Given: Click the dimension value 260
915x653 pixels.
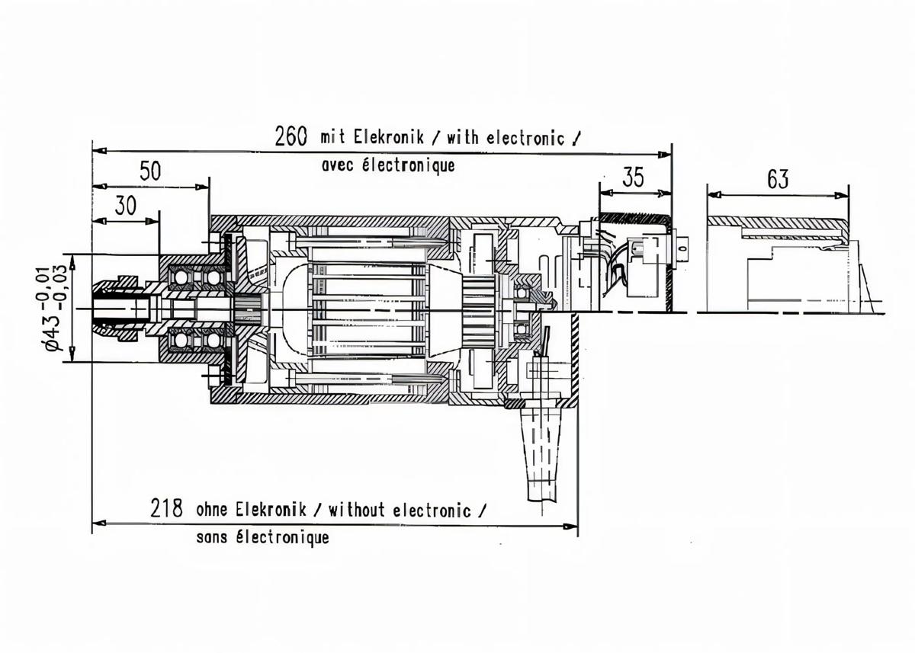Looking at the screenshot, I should click(291, 136).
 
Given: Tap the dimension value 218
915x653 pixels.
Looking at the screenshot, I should click(166, 509).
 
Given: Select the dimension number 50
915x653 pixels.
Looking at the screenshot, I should click(150, 171).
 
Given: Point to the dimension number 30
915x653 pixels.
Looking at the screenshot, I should click(127, 206).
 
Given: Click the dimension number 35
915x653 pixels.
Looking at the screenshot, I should click(633, 178).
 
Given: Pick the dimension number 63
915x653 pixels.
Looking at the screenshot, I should click(778, 180).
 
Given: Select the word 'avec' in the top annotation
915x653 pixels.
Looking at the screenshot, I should click(337, 165).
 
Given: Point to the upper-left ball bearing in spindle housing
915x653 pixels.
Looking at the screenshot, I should click(182, 277).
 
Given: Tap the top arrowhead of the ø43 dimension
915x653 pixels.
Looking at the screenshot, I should click(72, 260).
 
